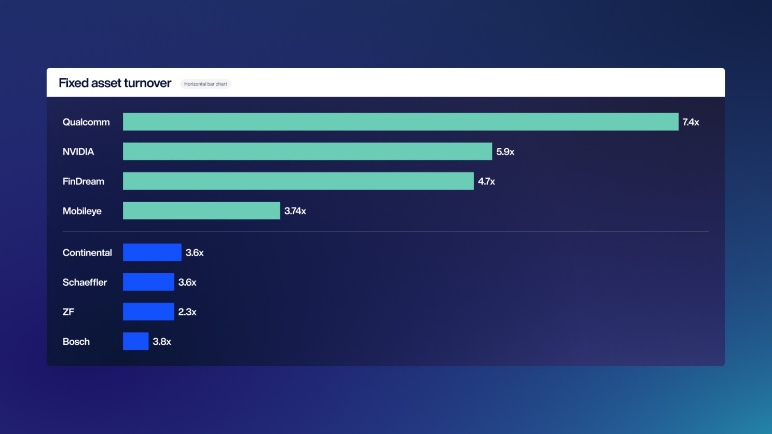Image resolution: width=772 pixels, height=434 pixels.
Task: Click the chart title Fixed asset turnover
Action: (115, 83)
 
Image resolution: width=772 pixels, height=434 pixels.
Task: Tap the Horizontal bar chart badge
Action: (205, 84)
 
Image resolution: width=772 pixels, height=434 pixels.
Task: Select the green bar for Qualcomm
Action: (400, 122)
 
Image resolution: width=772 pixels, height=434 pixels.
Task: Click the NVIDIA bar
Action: (307, 151)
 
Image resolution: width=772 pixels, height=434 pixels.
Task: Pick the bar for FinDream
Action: (298, 181)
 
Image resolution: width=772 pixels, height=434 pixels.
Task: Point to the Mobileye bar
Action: (201, 211)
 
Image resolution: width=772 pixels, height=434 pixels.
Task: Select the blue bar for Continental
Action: (152, 253)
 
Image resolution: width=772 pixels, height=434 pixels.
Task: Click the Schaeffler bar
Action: (148, 282)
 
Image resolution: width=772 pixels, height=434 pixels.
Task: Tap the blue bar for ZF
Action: (148, 312)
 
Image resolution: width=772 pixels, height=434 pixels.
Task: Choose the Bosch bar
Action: (135, 341)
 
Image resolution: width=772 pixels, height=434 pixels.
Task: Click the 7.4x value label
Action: (691, 122)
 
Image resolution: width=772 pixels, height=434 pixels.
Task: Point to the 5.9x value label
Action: (505, 152)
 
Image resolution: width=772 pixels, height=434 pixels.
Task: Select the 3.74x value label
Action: (295, 211)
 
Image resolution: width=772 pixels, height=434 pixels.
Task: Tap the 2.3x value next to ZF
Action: (187, 312)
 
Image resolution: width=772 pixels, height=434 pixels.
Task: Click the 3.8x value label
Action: (162, 342)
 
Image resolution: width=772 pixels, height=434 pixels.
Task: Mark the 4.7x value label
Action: (486, 181)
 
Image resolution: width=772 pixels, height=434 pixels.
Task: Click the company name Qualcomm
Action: (86, 122)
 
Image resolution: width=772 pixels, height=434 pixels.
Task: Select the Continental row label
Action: (87, 253)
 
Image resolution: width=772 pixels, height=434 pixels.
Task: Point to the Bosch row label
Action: (76, 342)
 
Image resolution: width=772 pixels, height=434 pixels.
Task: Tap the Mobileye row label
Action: (82, 211)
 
